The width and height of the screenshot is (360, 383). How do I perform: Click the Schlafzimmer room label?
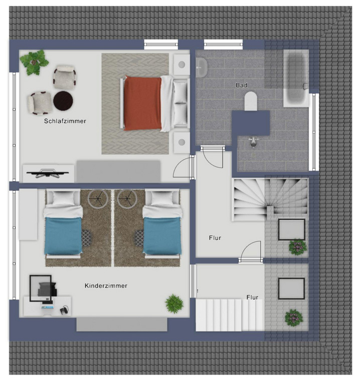[x=65, y=121]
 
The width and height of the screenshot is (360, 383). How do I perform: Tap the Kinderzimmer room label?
[x=106, y=286]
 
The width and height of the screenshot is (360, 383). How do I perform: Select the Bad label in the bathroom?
[x=242, y=85]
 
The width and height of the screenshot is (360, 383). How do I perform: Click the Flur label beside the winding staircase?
[x=215, y=237]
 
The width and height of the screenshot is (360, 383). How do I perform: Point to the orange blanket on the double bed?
[x=142, y=103]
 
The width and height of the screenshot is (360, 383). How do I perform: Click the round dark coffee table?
[x=63, y=100]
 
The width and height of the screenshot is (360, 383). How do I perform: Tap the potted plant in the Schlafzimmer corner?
[x=34, y=62]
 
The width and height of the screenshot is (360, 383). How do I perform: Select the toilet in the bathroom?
[x=251, y=101]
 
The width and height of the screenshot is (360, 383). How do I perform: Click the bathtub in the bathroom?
[x=296, y=78]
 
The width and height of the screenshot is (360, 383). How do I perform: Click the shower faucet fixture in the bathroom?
[x=254, y=142]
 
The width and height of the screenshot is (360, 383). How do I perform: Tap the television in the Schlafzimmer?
[x=48, y=173]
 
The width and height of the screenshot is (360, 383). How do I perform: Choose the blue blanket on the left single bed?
[x=63, y=236]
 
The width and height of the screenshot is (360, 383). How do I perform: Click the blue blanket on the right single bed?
[x=162, y=236]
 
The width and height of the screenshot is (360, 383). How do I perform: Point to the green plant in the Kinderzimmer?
[x=174, y=304]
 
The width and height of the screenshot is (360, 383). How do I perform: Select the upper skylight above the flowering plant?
[x=292, y=229]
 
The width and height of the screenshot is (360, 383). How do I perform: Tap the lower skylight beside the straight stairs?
[x=291, y=289]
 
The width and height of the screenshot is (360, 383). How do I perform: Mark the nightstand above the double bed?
[x=182, y=65]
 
